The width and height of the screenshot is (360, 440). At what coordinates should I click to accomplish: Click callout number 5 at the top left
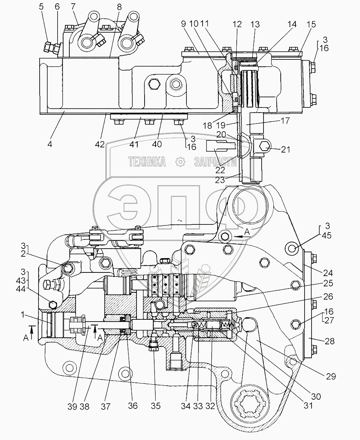[41, 7]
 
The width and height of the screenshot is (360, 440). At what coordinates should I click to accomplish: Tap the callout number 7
[73, 7]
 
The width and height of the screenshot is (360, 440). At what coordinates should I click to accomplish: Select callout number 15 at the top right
[311, 25]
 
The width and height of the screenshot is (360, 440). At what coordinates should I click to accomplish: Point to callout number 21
[286, 150]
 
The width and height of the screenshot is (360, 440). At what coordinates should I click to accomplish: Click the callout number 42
[99, 144]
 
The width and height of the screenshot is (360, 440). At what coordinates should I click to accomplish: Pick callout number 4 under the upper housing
[50, 144]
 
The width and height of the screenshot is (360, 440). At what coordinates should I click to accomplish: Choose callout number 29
[331, 377]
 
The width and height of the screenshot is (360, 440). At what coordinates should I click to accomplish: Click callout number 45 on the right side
[327, 235]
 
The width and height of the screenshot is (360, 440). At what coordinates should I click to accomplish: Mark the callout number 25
[328, 283]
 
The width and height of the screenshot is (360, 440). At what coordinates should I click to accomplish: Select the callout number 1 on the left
[23, 315]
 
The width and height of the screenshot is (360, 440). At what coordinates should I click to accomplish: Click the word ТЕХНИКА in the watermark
[147, 162]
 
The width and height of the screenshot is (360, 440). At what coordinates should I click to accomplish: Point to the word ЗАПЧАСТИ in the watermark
[215, 162]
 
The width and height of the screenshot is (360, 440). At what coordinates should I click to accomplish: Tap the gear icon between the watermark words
[180, 162]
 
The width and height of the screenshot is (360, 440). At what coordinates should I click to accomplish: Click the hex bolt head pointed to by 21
[265, 147]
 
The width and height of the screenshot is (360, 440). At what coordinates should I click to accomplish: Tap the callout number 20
[221, 135]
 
